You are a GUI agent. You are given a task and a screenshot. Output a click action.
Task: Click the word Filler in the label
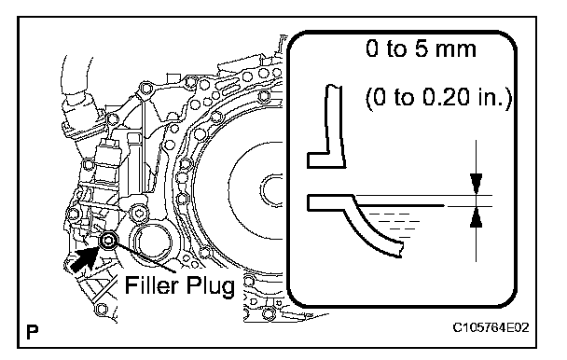152,285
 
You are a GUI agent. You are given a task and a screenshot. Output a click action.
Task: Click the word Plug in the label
211,286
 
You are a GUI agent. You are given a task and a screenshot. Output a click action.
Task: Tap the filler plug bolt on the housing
108,240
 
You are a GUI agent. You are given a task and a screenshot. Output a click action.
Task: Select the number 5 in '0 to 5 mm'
422,48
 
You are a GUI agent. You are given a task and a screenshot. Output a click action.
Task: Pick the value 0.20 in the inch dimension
446,97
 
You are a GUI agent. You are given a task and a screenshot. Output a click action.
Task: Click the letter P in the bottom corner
33,332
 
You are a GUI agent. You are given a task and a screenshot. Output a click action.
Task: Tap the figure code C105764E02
491,327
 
